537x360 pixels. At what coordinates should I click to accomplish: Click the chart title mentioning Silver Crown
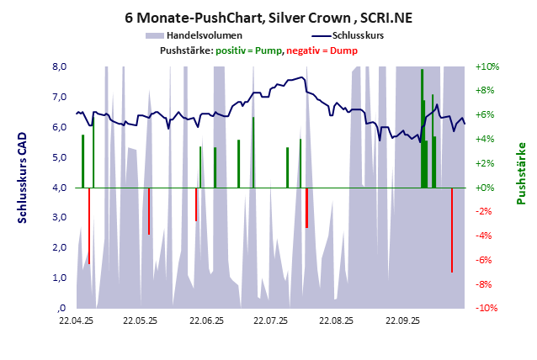[x=268, y=18]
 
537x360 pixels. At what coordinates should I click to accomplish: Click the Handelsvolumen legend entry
[x=205, y=35]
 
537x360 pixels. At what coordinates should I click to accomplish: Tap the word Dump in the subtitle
[x=343, y=50]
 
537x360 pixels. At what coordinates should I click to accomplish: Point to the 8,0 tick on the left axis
[x=60, y=67]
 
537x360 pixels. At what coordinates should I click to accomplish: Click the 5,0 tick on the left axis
[x=60, y=157]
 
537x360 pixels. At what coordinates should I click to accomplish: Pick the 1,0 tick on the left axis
[x=60, y=278]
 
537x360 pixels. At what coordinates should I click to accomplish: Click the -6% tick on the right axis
[x=486, y=260]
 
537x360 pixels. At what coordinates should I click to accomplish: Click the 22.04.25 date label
[x=76, y=320]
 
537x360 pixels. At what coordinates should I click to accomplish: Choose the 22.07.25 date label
[x=271, y=320]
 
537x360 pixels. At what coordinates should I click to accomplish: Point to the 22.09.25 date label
[x=401, y=320]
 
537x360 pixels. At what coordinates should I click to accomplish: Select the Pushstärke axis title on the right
[x=521, y=172]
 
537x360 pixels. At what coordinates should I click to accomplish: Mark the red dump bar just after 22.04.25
[x=89, y=225]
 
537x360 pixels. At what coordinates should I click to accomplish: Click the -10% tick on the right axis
[x=487, y=308]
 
